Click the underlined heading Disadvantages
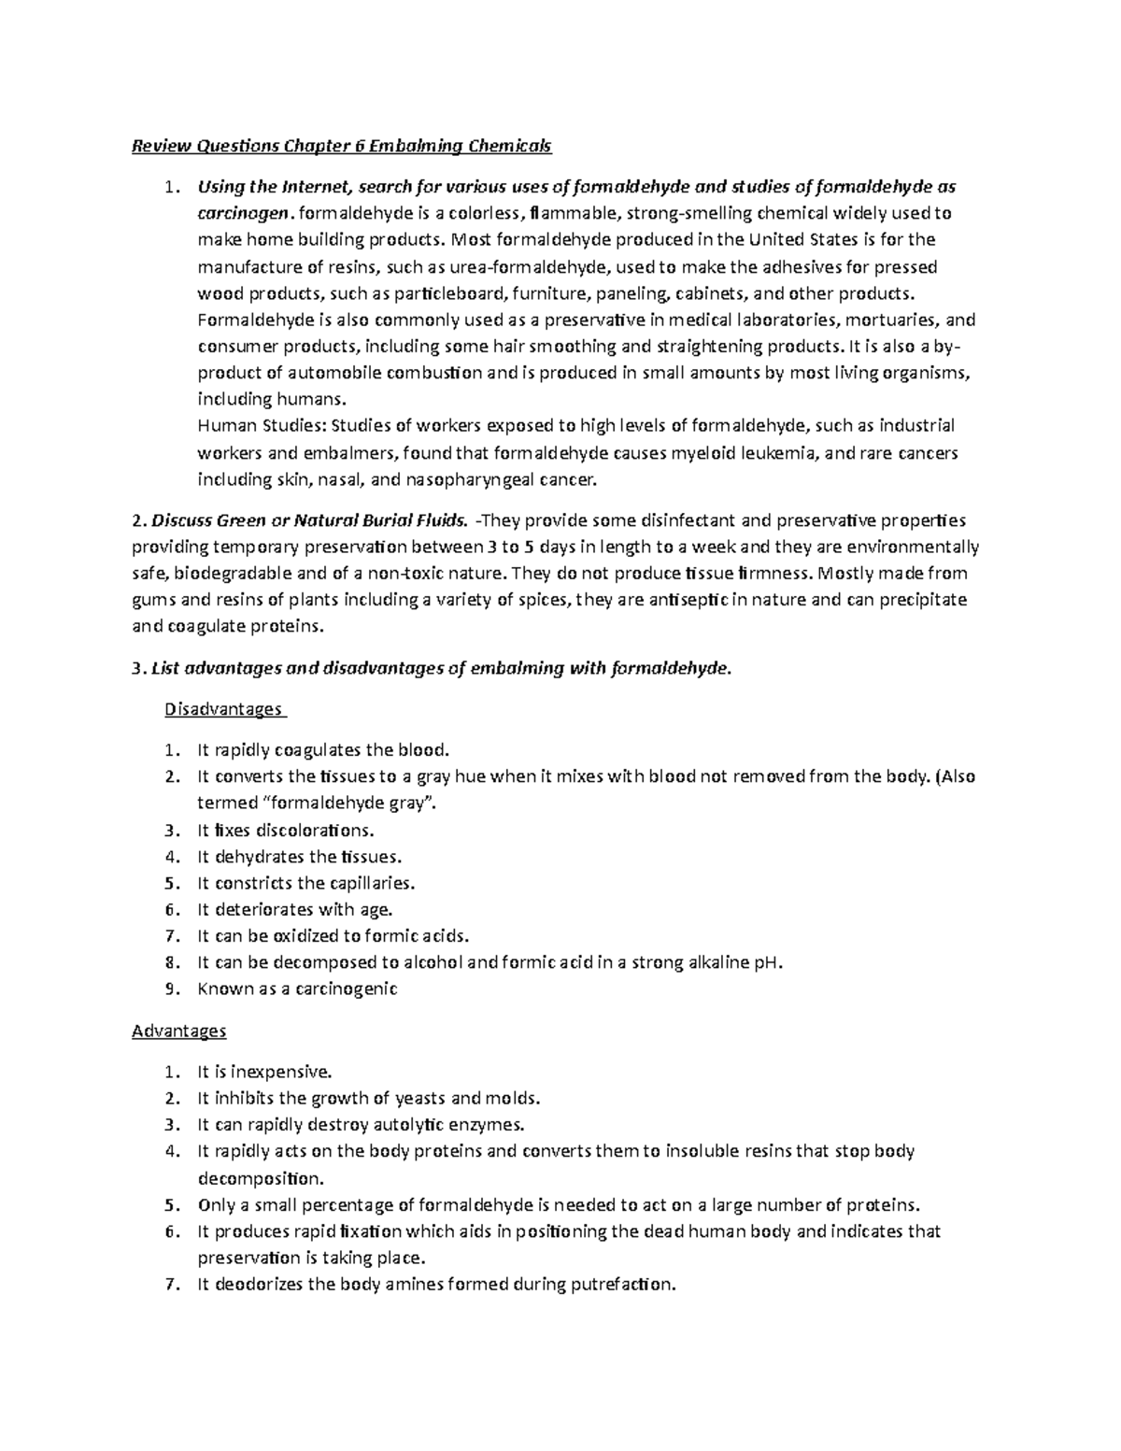pyautogui.click(x=223, y=708)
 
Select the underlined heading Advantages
pyautogui.click(x=179, y=1031)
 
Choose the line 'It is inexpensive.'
pyautogui.click(x=264, y=1072)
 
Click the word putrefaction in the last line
pyautogui.click(x=624, y=1285)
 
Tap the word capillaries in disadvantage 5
pyautogui.click(x=369, y=883)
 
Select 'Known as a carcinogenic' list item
pyautogui.click(x=297, y=989)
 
